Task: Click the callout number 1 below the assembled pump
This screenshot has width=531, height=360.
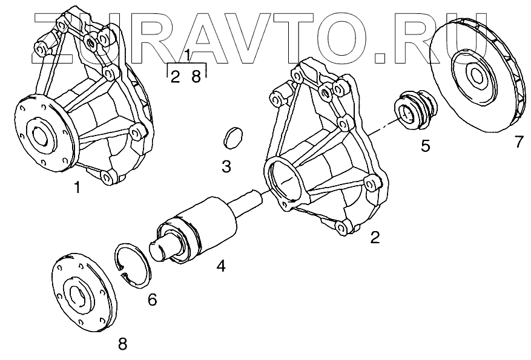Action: tap(77, 188)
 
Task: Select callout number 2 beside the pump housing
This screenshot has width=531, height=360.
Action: tap(375, 237)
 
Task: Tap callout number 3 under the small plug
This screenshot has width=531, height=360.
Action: tap(226, 166)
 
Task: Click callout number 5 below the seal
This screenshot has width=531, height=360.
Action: tap(425, 146)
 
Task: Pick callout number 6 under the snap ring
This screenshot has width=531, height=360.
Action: tap(152, 299)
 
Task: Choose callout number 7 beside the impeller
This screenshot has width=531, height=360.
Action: tap(518, 142)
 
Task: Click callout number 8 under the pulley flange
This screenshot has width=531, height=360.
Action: tap(123, 344)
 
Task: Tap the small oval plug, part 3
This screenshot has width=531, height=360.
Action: tap(230, 137)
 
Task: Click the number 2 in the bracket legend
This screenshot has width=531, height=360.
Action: tap(174, 77)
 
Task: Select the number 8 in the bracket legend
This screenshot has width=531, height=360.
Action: tap(196, 77)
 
